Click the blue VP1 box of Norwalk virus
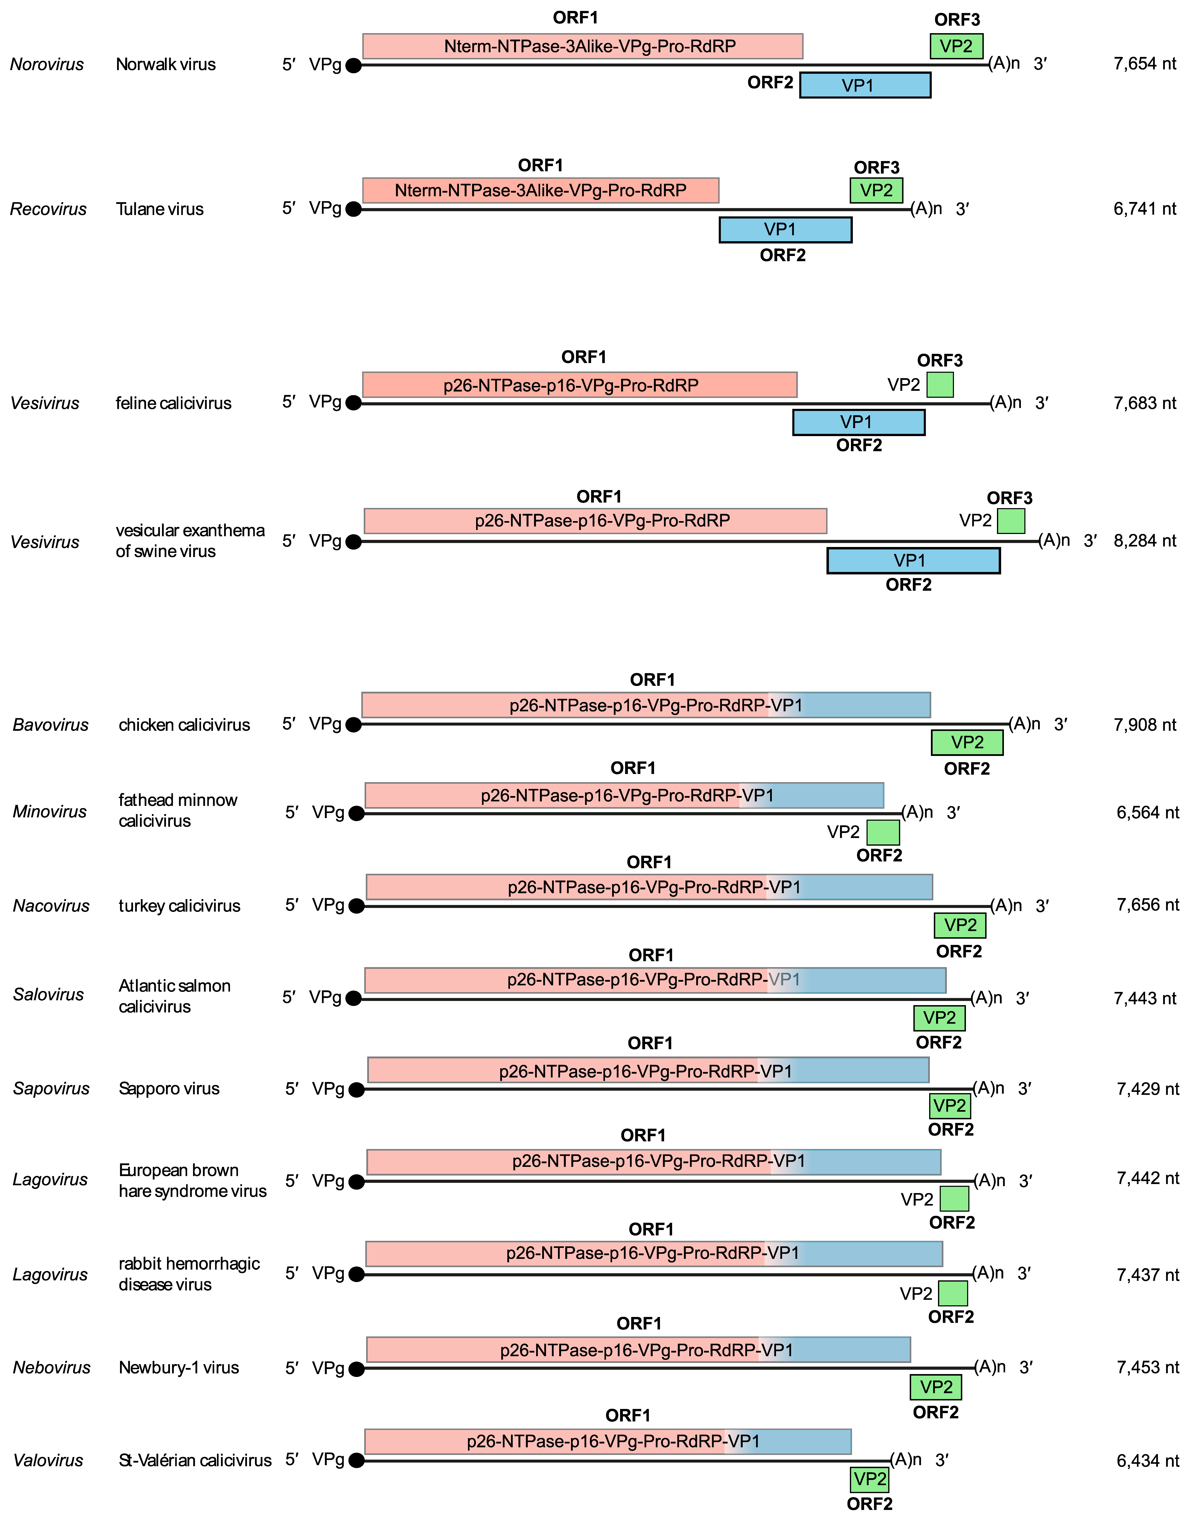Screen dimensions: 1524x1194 coord(865,85)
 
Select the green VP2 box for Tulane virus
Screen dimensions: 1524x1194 coord(876,190)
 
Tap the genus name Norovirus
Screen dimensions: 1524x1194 coord(47,64)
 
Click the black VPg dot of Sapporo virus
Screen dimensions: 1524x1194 coord(357,1090)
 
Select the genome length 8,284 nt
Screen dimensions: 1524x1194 coord(1144,541)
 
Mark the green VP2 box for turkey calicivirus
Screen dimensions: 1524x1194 coord(960,925)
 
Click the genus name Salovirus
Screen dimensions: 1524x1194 coord(48,995)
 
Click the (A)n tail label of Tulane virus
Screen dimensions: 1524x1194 coord(926,208)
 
